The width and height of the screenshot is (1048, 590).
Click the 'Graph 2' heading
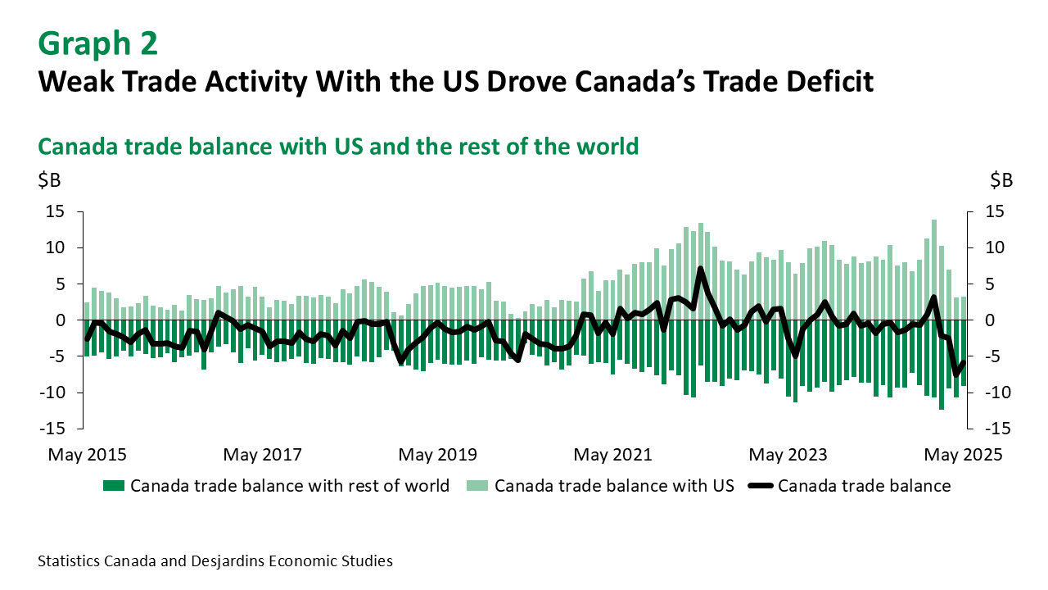[x=98, y=43]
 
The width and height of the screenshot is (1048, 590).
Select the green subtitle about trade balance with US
[x=338, y=147]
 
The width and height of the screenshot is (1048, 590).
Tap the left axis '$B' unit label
[x=49, y=180]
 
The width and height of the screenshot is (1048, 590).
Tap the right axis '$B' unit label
[x=1001, y=180]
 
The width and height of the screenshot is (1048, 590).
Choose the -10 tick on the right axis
[x=988, y=393]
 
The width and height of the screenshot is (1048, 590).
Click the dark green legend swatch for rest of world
[x=114, y=486]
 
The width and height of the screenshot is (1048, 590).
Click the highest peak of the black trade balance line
[x=701, y=268]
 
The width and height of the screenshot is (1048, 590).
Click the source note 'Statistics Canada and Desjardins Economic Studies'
[x=215, y=561]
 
